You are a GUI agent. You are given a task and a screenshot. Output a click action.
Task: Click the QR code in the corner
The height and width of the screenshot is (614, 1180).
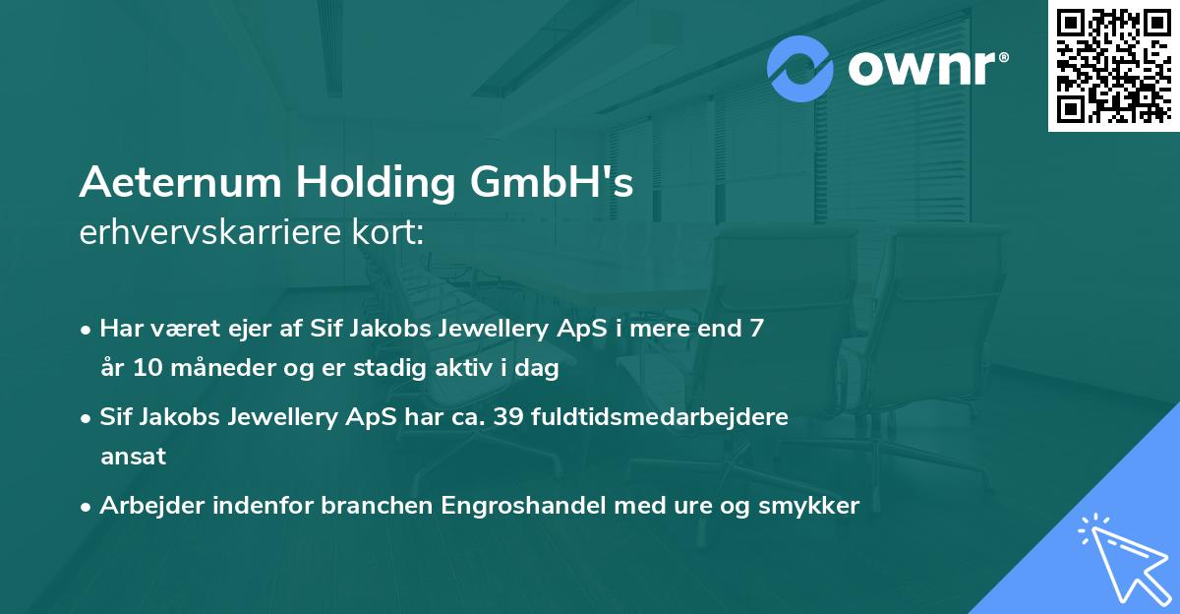click(x=1113, y=65)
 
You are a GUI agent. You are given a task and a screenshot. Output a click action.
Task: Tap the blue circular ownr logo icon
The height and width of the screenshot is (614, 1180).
click(x=800, y=69)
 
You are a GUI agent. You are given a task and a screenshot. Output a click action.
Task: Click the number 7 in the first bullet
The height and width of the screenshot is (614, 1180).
click(x=755, y=329)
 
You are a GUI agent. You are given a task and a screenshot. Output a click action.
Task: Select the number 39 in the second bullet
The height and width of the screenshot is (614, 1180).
click(x=504, y=417)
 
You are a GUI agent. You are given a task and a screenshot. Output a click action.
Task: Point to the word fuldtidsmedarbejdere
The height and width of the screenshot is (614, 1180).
click(x=659, y=417)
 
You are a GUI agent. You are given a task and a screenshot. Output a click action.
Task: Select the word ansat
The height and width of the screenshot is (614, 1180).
click(x=133, y=457)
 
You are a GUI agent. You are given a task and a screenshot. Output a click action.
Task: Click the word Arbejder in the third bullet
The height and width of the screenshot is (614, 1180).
click(x=147, y=506)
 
